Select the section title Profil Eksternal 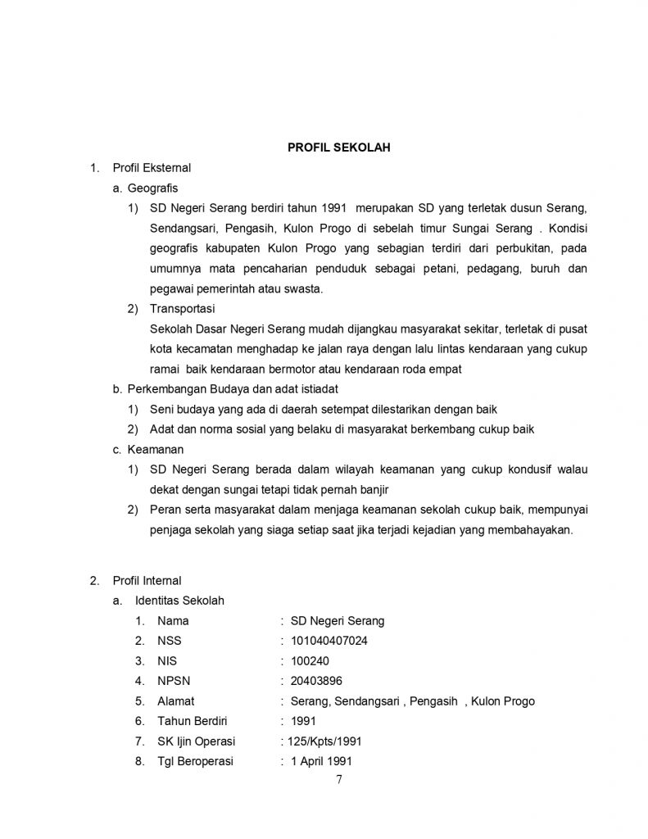point(152,168)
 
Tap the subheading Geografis point(157,188)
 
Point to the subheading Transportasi point(182,309)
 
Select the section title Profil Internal point(147,581)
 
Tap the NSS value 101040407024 point(329,641)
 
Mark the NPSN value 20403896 point(316,681)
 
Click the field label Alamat point(176,701)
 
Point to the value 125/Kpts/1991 point(324,741)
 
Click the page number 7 point(339,779)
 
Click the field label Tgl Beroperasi point(195,761)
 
